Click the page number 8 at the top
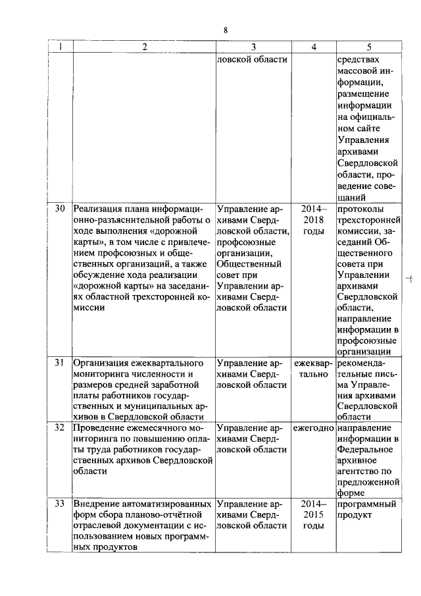[x=226, y=30]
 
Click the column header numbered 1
[x=61, y=47]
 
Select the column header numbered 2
[x=143, y=47]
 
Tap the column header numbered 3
[x=253, y=47]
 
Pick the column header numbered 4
[x=313, y=47]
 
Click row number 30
[x=60, y=209]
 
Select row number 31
[x=60, y=363]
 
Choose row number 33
[x=60, y=504]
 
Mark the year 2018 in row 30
[x=313, y=220]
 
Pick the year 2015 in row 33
[x=313, y=515]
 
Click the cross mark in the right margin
[x=409, y=279]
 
